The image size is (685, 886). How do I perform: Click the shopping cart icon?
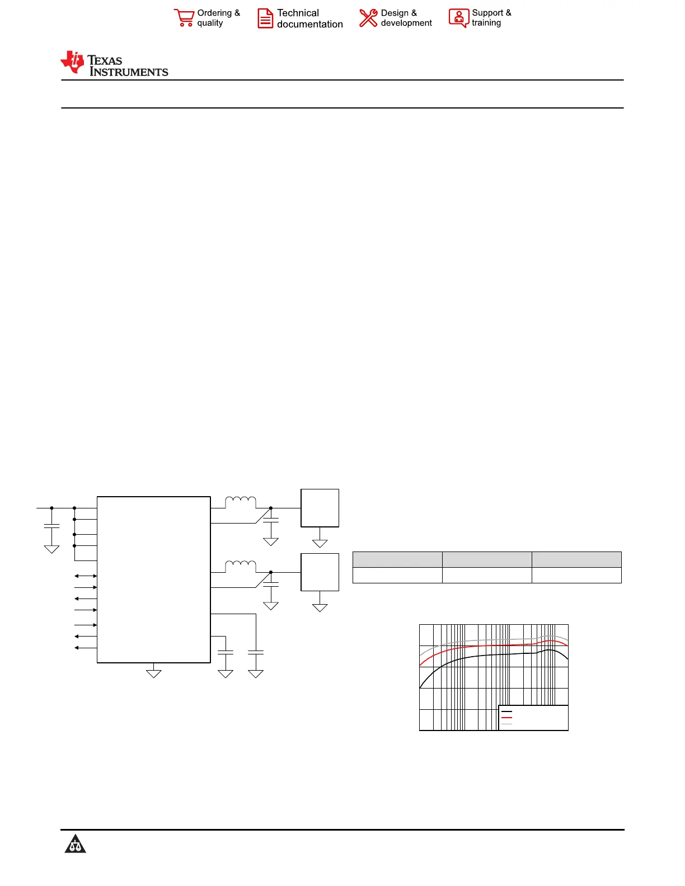pyautogui.click(x=184, y=18)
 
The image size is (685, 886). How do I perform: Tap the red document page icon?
pyautogui.click(x=265, y=18)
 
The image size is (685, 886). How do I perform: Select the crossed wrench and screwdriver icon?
pyautogui.click(x=368, y=18)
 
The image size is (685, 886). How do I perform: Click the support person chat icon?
pyautogui.click(x=458, y=18)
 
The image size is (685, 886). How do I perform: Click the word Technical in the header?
pyautogui.click(x=298, y=13)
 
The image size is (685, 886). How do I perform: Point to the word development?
pyautogui.click(x=406, y=23)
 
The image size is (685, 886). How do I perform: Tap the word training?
pyautogui.click(x=486, y=23)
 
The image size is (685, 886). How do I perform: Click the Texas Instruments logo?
pyautogui.click(x=114, y=63)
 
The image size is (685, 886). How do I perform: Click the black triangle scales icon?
pyautogui.click(x=75, y=843)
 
